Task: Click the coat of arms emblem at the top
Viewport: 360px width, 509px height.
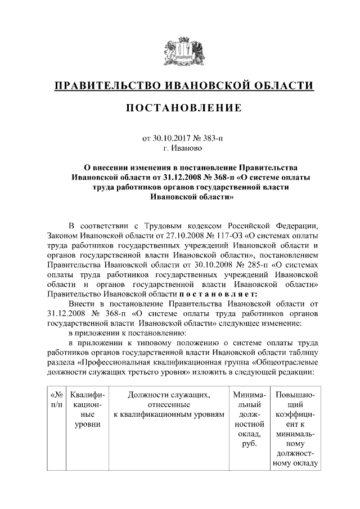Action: pyautogui.click(x=179, y=51)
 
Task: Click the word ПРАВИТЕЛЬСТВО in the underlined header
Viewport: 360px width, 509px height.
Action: pyautogui.click(x=105, y=86)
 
